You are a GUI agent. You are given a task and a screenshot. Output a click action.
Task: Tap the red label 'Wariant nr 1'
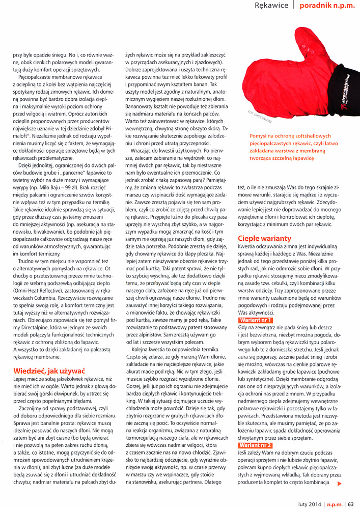(x=256, y=320)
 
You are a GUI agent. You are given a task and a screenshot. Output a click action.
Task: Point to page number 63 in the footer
(x=351, y=504)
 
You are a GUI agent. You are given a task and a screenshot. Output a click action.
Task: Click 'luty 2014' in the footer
(x=309, y=504)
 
